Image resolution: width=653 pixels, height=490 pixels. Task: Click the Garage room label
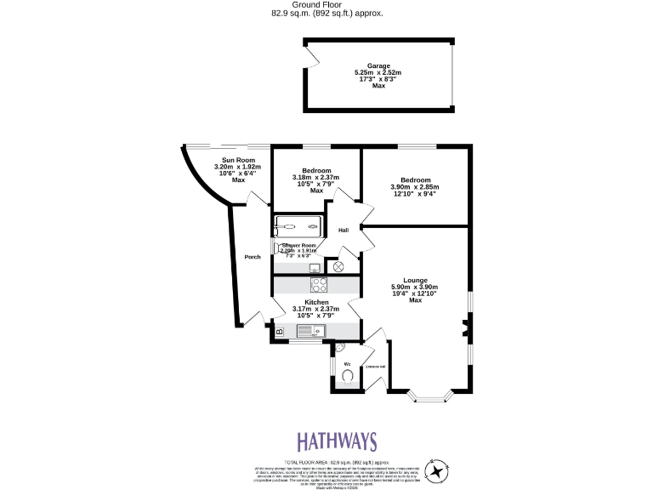coord(378,66)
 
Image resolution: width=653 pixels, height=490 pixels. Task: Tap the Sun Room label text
coord(238,160)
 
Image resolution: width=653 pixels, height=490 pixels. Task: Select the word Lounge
coord(415,280)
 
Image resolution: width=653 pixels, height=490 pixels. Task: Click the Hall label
coord(344,231)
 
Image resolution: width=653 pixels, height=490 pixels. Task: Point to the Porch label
coord(252,257)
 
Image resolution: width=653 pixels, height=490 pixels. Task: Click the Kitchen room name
coord(315,301)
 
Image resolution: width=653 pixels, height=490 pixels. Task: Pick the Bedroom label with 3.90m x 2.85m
coord(416,180)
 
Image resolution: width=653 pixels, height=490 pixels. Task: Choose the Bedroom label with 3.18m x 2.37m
coord(316,170)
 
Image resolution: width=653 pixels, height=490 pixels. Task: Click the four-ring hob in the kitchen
coord(319,285)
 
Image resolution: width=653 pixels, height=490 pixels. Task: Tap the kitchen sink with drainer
coord(309,330)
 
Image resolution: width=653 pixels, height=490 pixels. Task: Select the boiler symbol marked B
coord(279,330)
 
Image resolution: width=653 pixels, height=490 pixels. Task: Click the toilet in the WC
coord(348,374)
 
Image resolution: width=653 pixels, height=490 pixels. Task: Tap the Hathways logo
coord(337,442)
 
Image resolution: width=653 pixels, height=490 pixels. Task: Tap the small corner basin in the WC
coord(338,349)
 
